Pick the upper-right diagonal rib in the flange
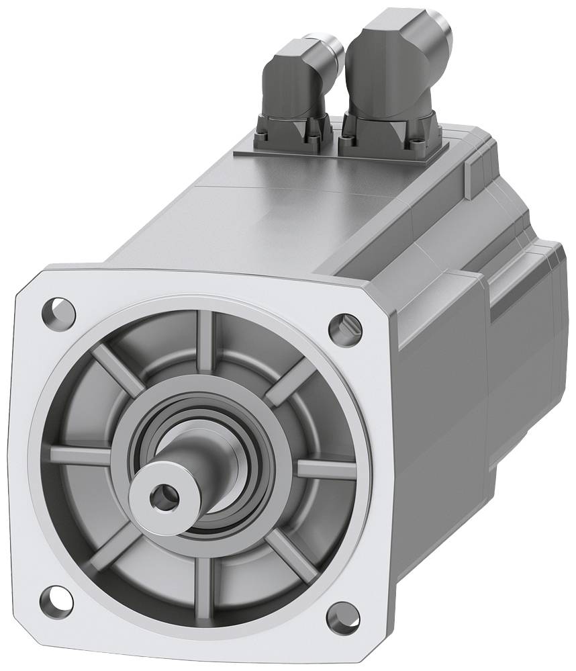[289, 383]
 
